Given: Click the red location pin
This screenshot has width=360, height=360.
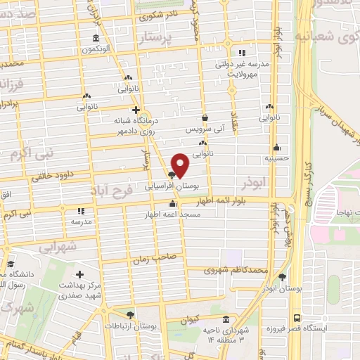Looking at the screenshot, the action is [x=181, y=165].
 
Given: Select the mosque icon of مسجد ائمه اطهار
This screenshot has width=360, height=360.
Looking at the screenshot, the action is [x=172, y=204].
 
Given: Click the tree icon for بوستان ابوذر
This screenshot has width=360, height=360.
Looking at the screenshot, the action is [x=283, y=278].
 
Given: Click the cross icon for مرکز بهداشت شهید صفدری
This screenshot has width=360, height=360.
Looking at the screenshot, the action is [x=79, y=274].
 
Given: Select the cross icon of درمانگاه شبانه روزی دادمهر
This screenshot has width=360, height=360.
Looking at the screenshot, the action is [x=136, y=110].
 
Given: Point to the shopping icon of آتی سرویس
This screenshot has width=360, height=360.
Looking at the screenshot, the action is [x=205, y=118].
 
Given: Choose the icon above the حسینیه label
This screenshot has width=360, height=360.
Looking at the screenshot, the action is [x=278, y=148].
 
